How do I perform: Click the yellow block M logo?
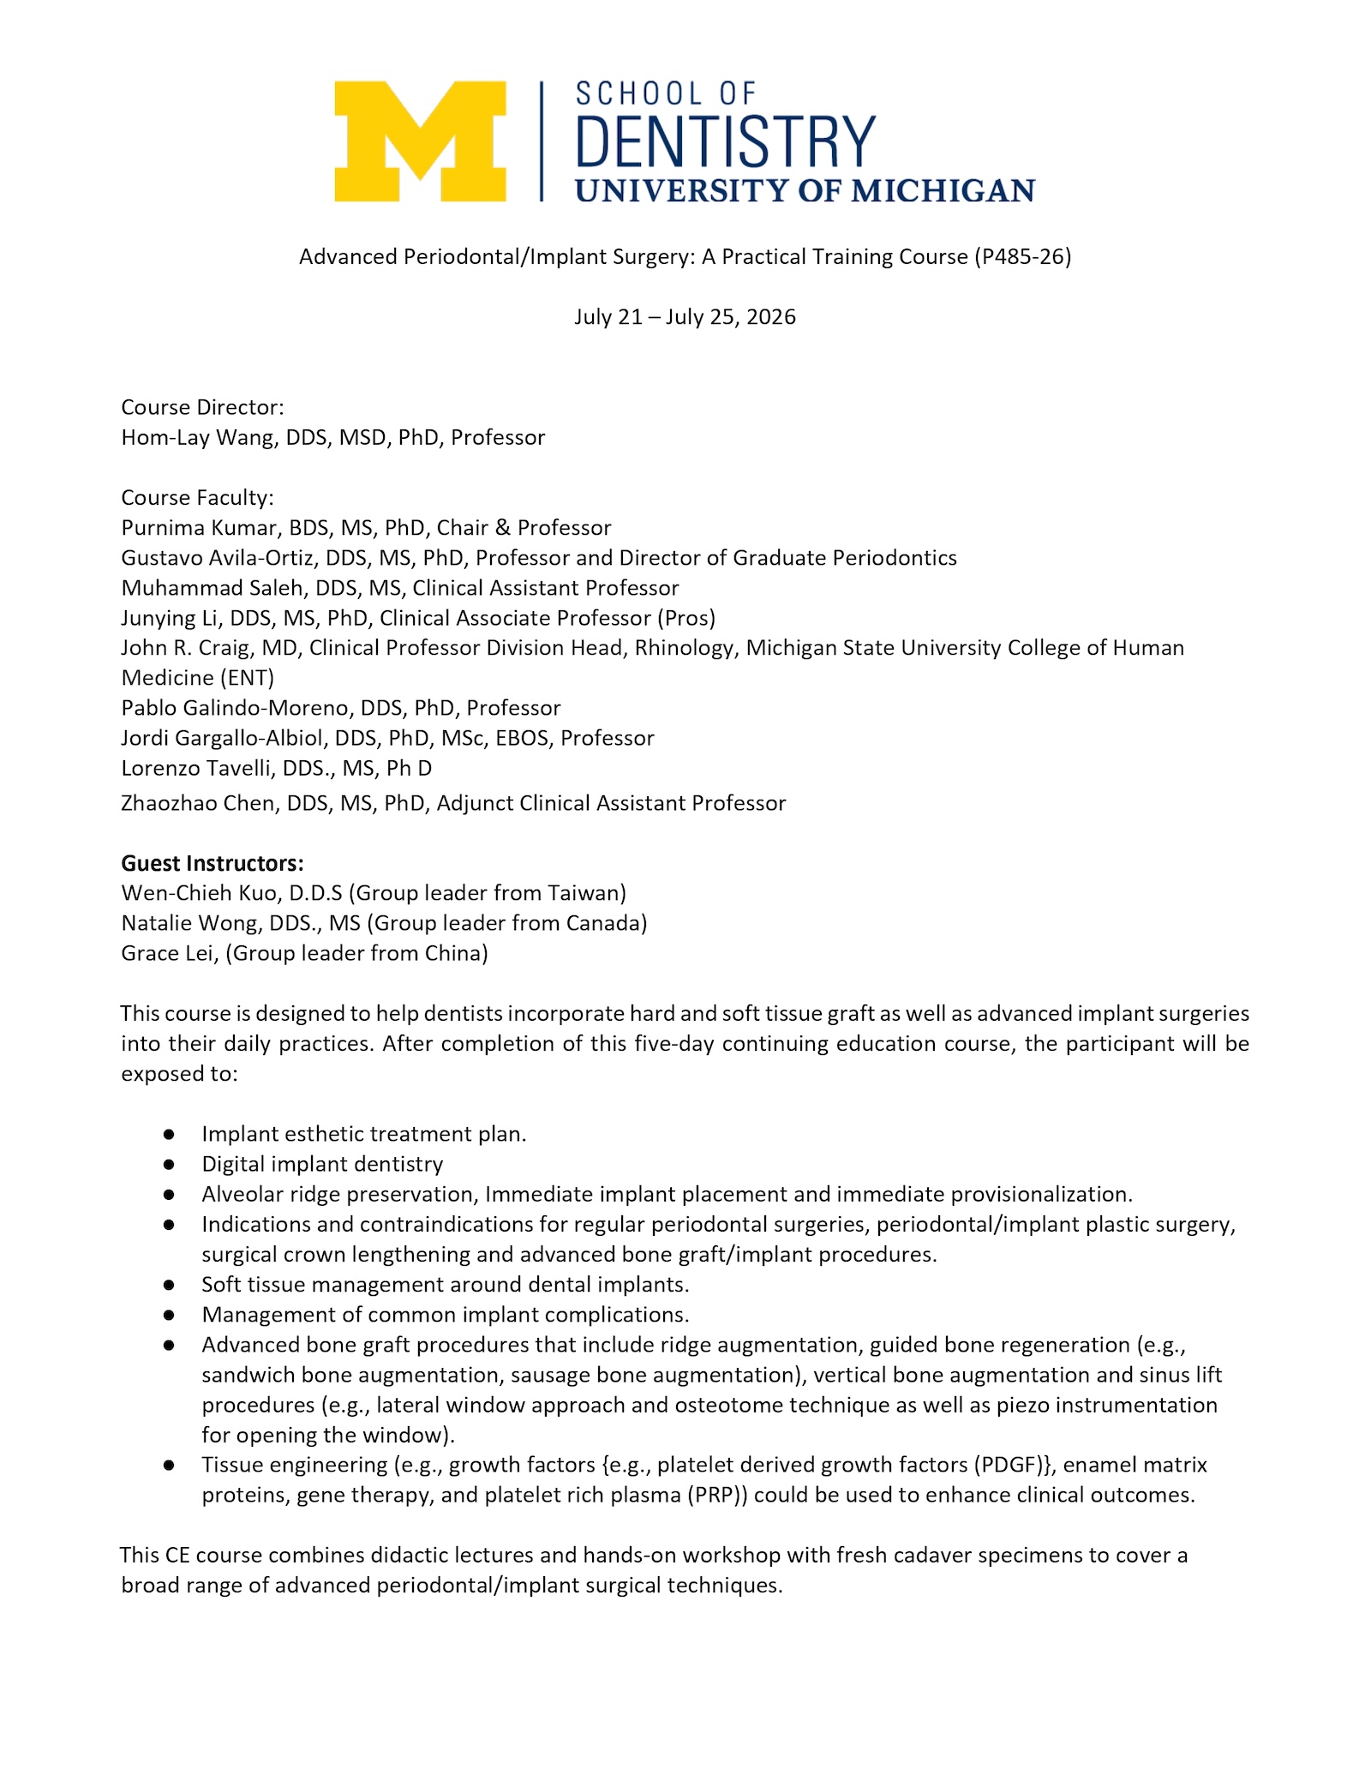(x=420, y=141)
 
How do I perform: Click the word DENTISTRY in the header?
(x=725, y=141)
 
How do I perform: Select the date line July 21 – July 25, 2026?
(x=685, y=317)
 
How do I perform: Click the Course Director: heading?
(x=202, y=407)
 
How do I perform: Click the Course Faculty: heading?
(x=197, y=498)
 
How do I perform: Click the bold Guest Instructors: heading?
(x=213, y=863)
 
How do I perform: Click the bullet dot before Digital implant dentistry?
(x=170, y=1165)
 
